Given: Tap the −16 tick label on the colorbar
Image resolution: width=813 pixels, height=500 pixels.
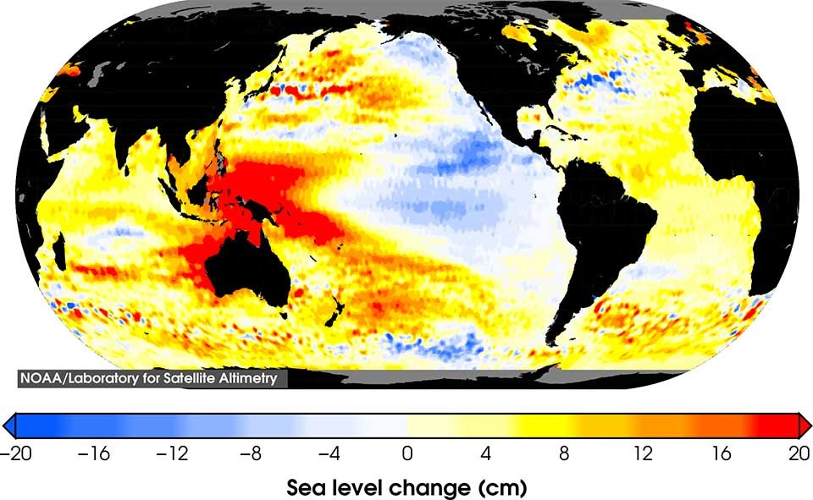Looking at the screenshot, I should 93,453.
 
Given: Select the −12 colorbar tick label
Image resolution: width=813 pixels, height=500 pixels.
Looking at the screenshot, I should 171,453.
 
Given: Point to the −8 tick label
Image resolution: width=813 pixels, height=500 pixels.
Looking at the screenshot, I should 250,453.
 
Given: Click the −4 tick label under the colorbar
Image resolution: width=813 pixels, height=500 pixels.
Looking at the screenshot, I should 328,453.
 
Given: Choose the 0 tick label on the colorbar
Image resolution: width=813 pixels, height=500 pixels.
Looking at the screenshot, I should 407,453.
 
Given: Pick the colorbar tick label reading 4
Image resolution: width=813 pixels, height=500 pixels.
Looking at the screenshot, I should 485,453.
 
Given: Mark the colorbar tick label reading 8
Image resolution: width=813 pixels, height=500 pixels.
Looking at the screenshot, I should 564,453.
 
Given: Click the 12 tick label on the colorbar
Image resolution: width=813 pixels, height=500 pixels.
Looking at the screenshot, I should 642,453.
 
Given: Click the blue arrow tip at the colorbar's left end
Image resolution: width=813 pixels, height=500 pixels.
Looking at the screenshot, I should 8,425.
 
